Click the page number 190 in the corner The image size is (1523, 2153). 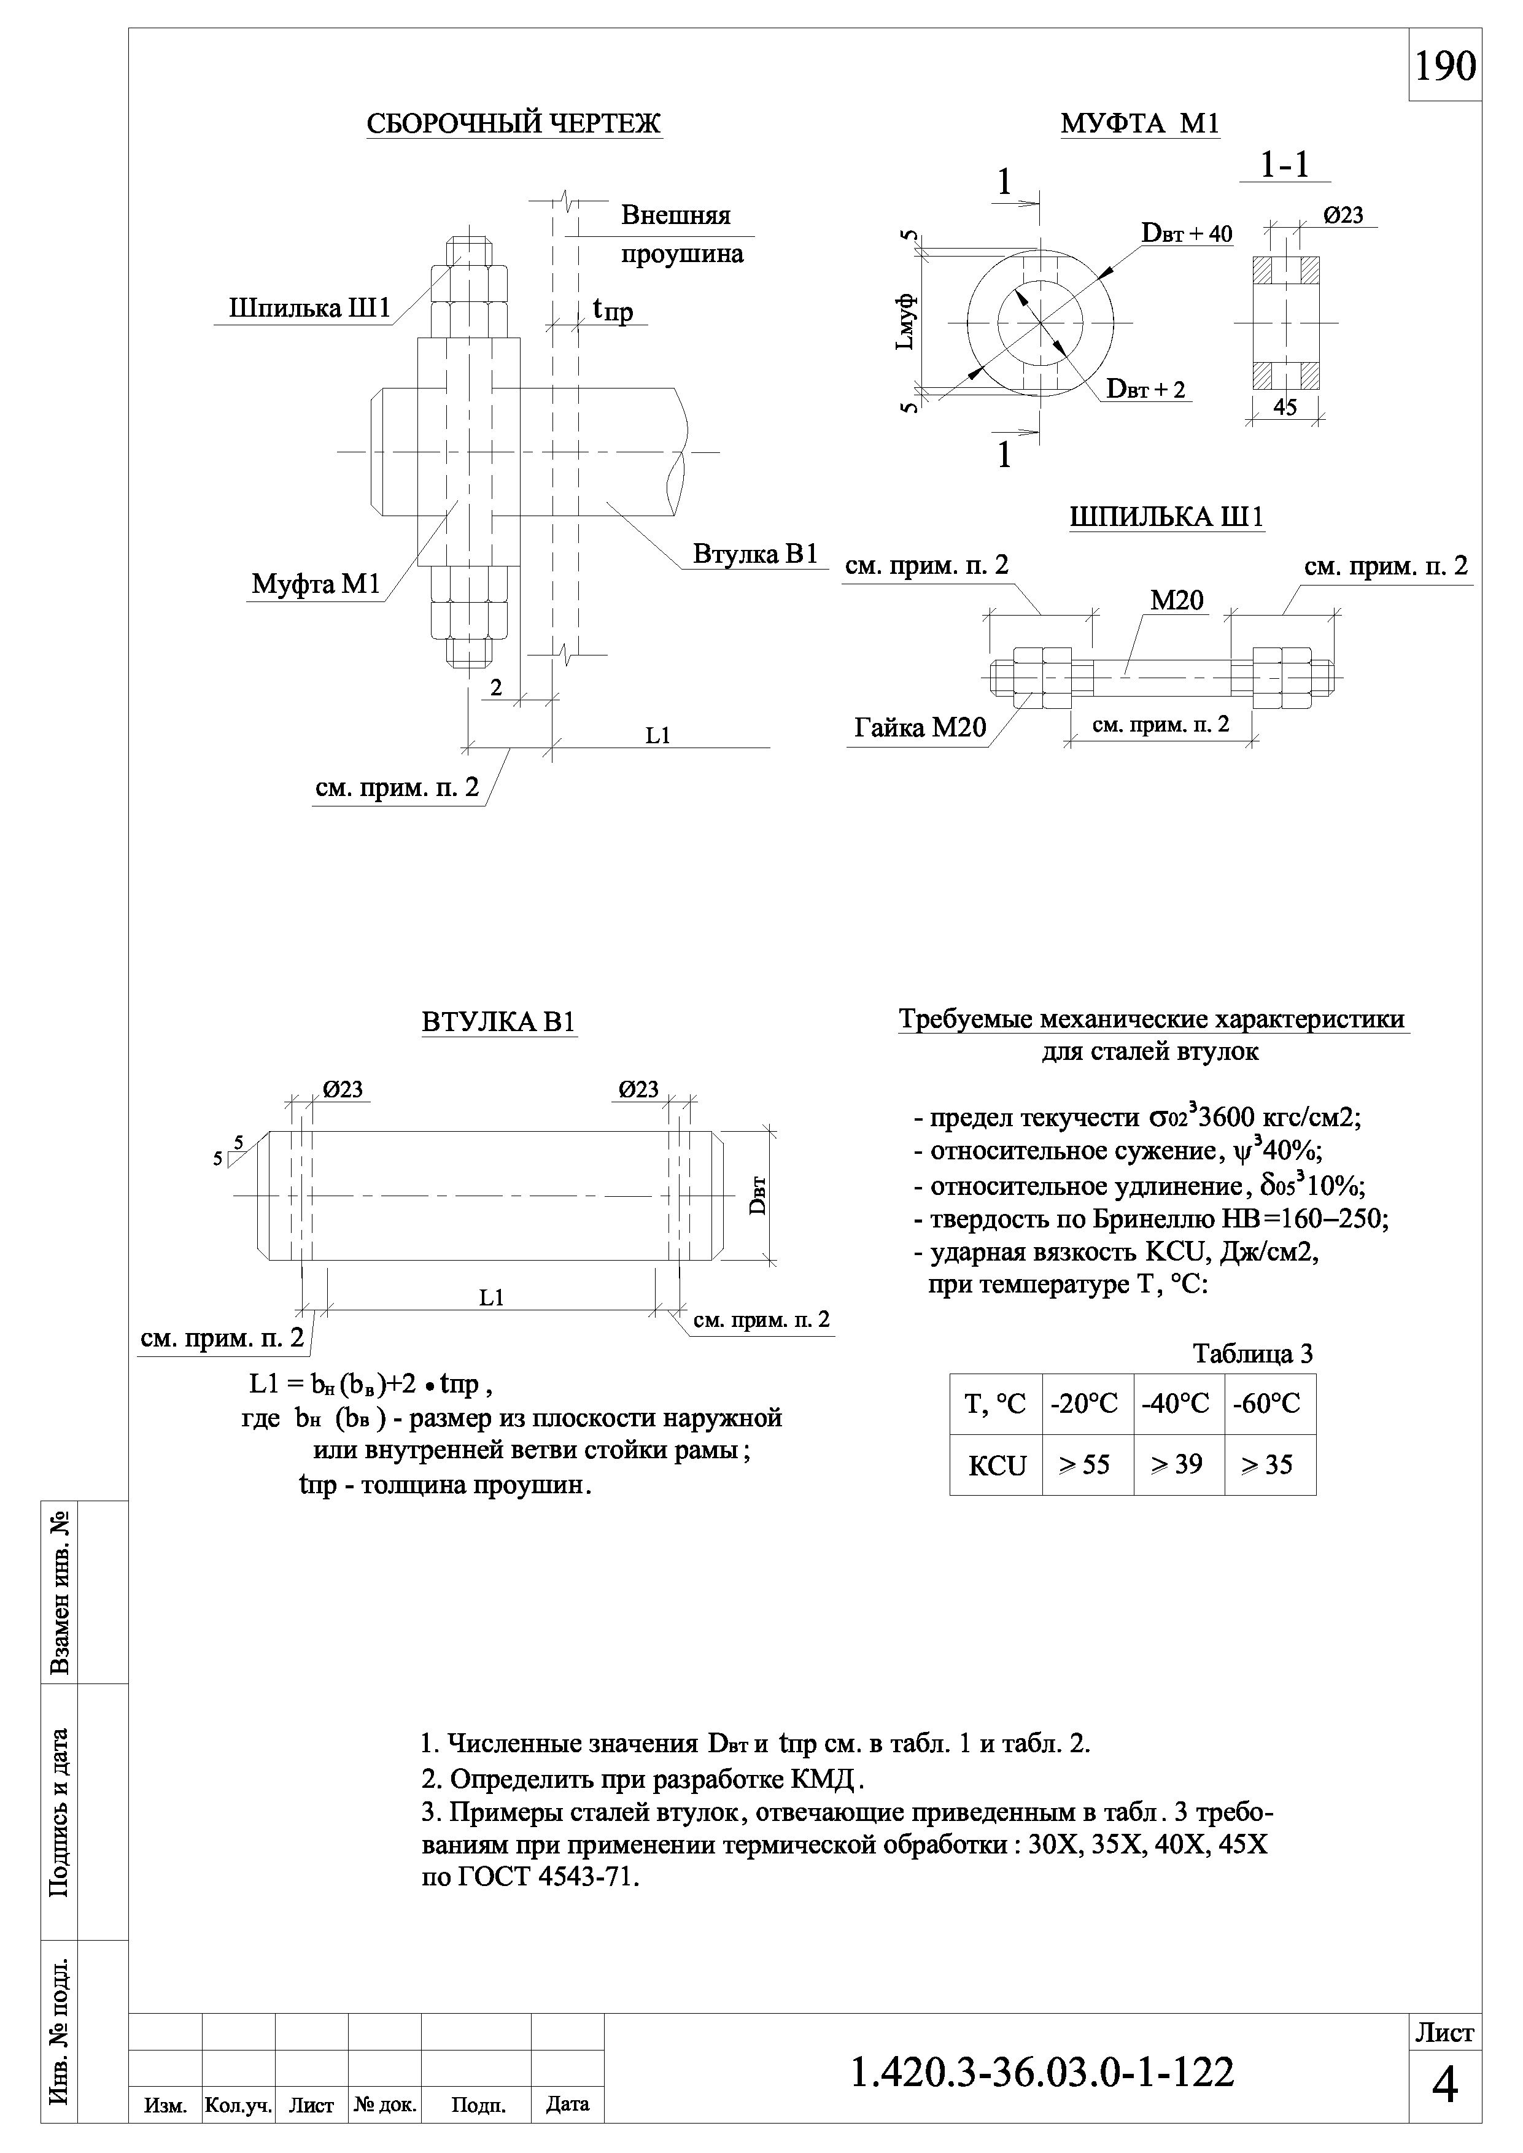[1444, 66]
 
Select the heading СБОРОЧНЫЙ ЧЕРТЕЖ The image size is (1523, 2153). [513, 124]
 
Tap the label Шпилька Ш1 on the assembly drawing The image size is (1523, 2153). [309, 309]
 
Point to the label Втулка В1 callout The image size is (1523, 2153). [756, 554]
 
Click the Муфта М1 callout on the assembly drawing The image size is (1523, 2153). [316, 584]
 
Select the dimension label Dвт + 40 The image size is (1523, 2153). [1187, 233]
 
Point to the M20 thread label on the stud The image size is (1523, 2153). [1177, 601]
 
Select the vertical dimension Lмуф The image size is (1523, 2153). [906, 321]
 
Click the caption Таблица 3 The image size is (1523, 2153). [1252, 1353]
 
